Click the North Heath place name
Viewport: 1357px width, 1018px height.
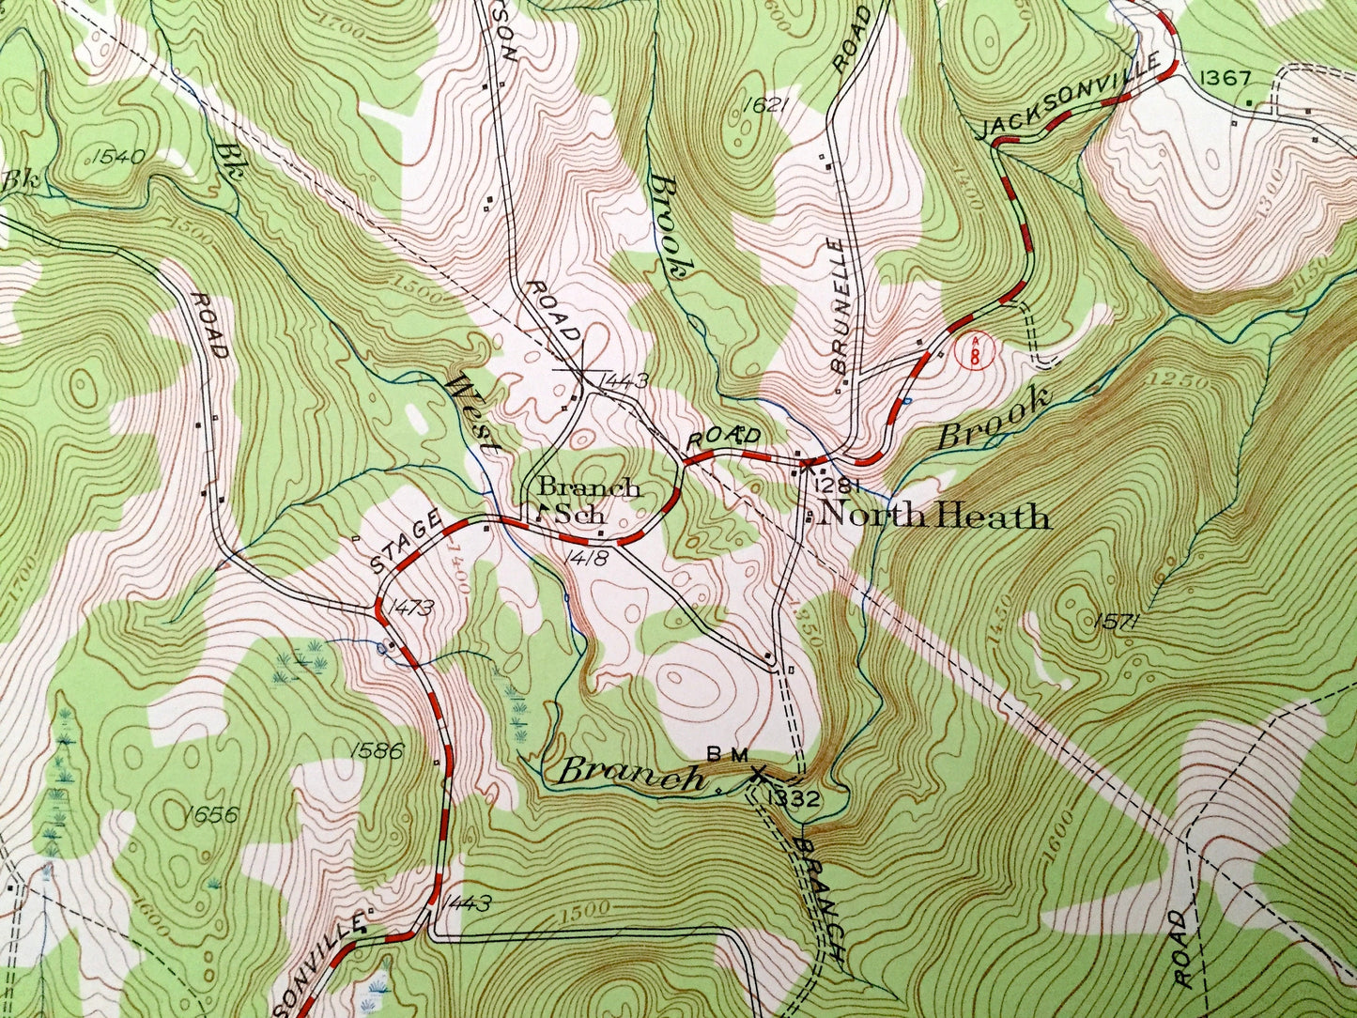click(x=935, y=517)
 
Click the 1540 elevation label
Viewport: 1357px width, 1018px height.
click(x=118, y=156)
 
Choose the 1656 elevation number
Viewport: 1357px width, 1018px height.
click(x=211, y=813)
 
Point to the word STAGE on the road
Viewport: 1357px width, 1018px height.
click(x=406, y=541)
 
